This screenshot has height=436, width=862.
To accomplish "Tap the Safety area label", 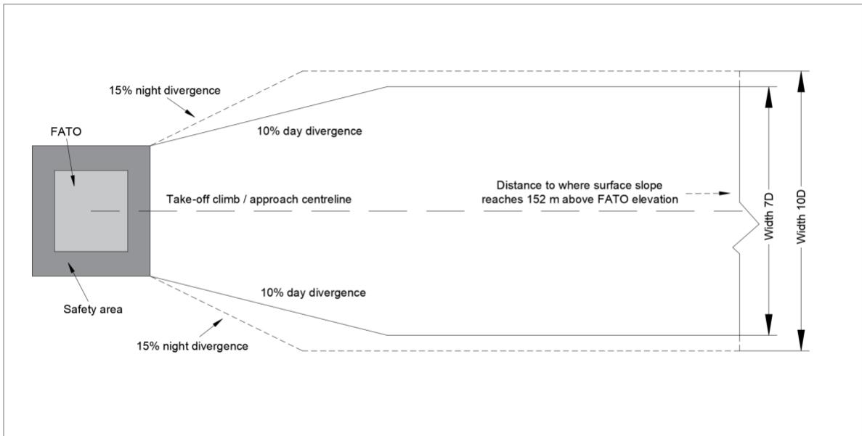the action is click(93, 309).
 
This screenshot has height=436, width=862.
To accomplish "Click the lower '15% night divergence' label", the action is click(192, 347).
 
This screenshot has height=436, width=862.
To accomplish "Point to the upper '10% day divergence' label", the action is click(309, 131).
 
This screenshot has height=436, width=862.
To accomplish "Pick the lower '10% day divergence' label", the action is click(313, 292).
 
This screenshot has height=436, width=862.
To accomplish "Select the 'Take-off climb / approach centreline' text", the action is click(259, 200).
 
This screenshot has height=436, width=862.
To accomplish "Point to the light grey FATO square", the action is click(91, 211).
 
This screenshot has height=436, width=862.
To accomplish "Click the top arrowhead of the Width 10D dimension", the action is click(801, 79).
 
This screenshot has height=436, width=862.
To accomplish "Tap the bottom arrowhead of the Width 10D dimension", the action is click(801, 342).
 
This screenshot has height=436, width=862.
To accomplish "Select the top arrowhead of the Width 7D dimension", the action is click(768, 95).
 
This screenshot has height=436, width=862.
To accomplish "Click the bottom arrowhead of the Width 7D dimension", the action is click(768, 326).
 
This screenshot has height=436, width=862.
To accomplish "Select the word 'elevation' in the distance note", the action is click(656, 200).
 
